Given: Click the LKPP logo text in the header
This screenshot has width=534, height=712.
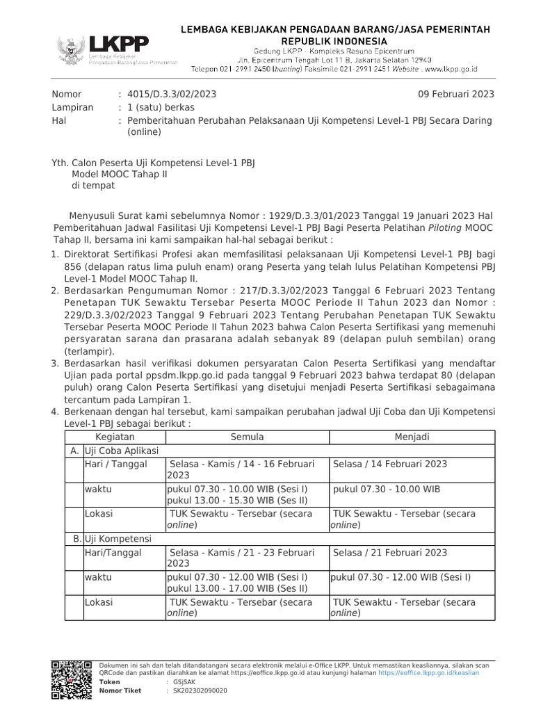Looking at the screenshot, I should click(x=118, y=44).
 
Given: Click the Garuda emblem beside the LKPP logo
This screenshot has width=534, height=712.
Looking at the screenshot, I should click(x=70, y=47).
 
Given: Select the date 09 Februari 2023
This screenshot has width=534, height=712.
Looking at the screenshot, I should click(x=455, y=94).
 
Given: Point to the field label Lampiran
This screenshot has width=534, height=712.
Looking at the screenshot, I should click(x=71, y=107).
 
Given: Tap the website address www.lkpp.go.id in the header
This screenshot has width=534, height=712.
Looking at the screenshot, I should click(x=450, y=70).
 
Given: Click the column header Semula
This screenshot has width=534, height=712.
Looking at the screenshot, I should click(x=247, y=437).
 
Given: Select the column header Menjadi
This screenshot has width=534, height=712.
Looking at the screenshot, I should click(x=412, y=437).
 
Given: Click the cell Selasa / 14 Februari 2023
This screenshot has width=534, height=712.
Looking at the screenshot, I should click(x=390, y=464).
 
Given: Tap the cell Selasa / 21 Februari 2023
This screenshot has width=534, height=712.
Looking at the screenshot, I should click(x=390, y=552).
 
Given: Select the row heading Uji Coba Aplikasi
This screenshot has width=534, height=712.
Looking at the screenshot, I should click(x=122, y=450).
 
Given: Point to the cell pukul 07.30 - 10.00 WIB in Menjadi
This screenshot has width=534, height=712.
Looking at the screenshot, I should click(x=387, y=489).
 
